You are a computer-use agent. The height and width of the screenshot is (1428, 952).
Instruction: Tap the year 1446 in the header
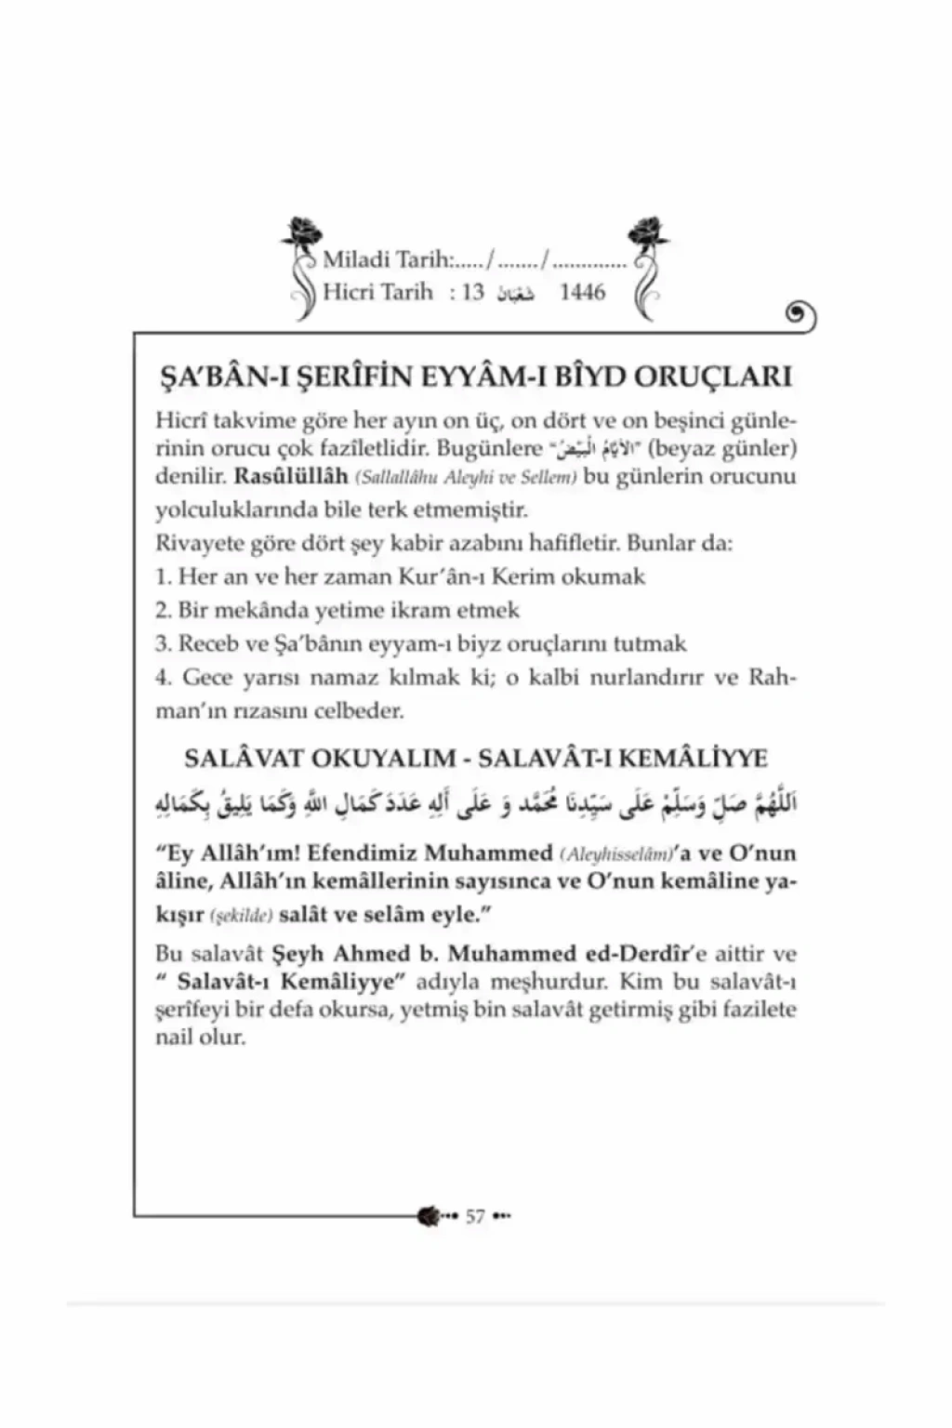582,292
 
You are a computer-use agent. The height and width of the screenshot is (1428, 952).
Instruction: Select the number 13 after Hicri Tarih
473,292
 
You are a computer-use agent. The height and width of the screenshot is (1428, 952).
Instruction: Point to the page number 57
475,1216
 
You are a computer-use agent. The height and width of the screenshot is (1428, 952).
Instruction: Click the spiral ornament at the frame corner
800,318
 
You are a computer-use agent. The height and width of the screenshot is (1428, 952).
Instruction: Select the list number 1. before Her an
164,576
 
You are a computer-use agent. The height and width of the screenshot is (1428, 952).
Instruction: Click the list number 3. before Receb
164,643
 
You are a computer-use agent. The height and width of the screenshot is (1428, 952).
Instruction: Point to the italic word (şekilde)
241,916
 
